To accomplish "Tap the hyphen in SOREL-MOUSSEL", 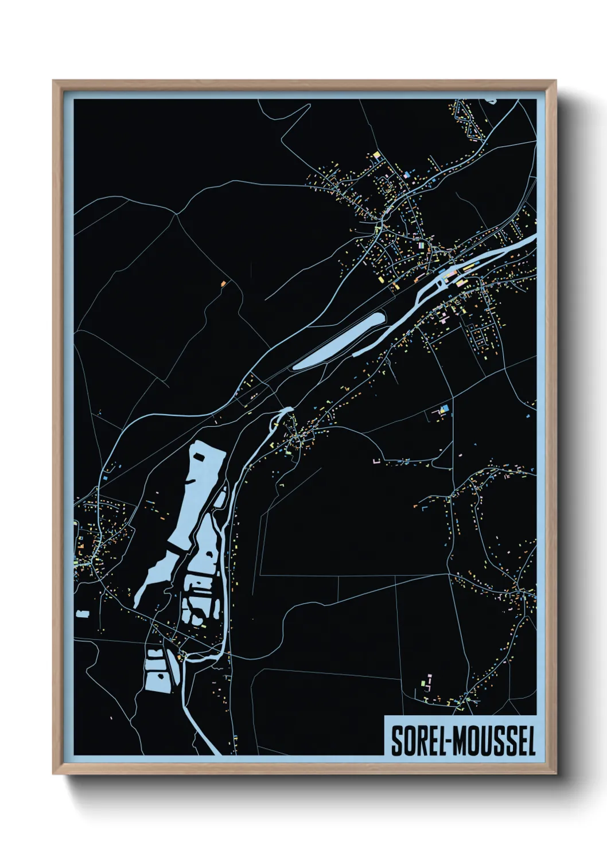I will click(446, 742).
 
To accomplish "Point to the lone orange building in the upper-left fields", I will click(223, 283).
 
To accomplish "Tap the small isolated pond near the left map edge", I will click(83, 614).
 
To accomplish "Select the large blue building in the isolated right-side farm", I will click(443, 409).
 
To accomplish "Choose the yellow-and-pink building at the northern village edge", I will click(377, 154).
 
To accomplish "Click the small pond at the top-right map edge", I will click(491, 101).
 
